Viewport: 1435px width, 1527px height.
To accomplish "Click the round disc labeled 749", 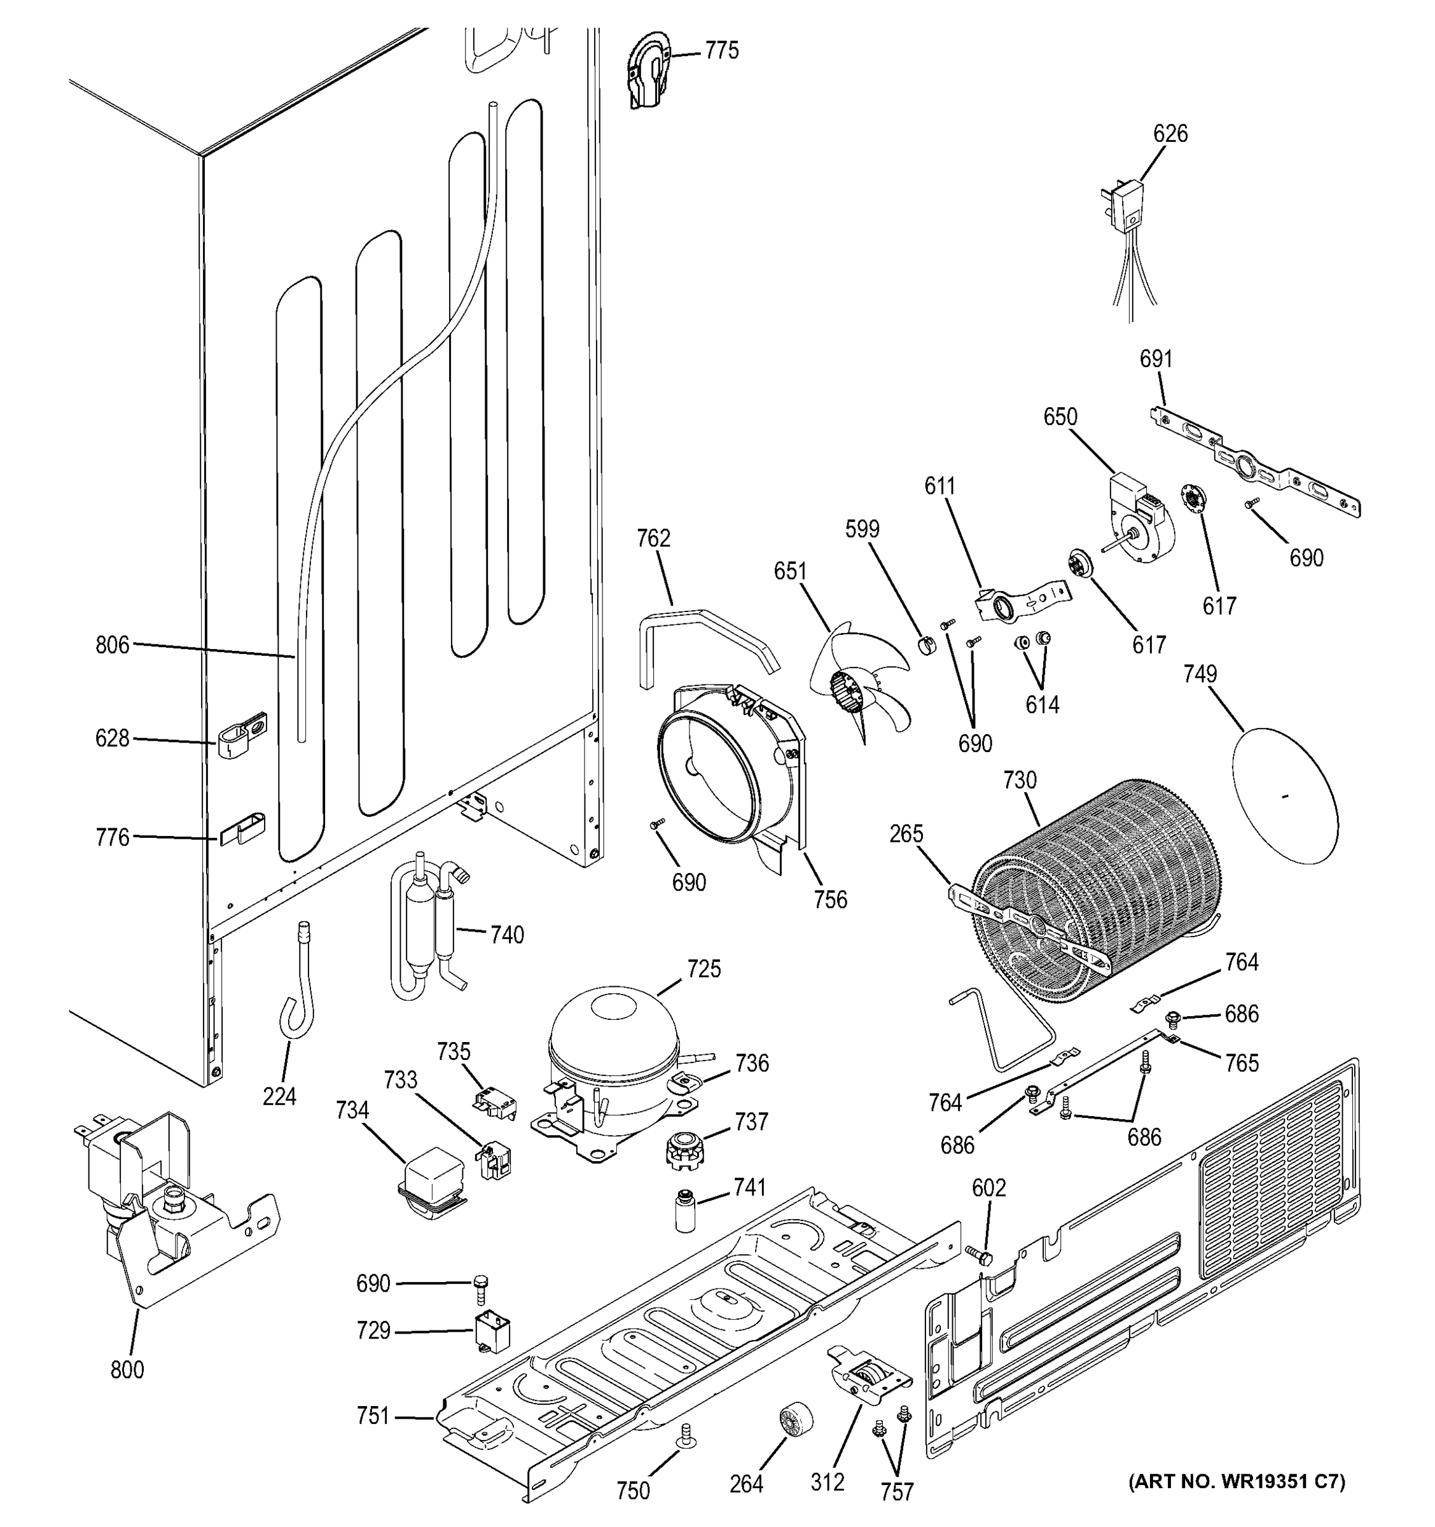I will (1284, 794).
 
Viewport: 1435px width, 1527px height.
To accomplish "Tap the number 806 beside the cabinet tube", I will (112, 645).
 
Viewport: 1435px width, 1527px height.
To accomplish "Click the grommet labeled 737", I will (683, 1150).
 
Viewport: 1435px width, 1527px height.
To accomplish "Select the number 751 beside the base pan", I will (373, 1415).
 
